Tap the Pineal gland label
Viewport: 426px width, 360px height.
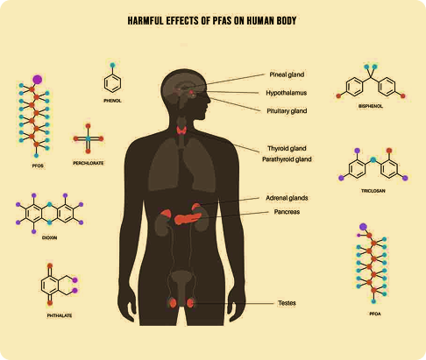coord(287,74)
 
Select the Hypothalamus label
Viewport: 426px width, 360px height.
coord(287,93)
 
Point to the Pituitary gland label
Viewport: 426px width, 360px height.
coord(287,111)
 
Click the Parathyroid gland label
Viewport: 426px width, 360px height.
coord(287,159)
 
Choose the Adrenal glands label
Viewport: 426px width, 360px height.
coord(287,198)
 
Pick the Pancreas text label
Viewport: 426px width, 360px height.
coord(287,212)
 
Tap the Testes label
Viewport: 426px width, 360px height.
coord(287,303)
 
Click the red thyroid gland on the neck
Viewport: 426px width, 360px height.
coord(181,131)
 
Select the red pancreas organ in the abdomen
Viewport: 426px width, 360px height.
coord(188,219)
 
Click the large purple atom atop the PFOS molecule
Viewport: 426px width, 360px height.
coord(38,80)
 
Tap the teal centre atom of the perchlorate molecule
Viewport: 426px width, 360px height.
coord(89,138)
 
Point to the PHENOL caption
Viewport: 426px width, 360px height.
coord(112,101)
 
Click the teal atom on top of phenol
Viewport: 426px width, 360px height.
coord(112,65)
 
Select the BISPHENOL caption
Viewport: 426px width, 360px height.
coord(371,106)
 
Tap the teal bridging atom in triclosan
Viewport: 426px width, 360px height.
coord(373,159)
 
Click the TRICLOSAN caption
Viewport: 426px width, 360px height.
coord(373,191)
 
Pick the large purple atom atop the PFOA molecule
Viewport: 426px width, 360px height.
coord(363,227)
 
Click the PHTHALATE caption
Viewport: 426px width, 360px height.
coord(60,315)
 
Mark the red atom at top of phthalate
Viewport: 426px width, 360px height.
coord(50,265)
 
